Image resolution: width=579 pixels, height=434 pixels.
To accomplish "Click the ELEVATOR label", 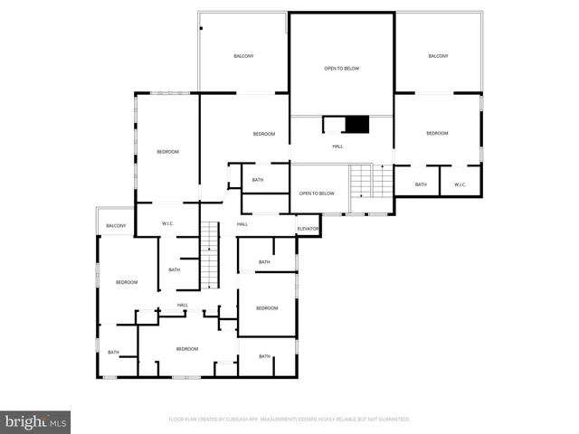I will coord(308,229).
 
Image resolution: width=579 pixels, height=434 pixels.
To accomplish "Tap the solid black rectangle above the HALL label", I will coord(358,125).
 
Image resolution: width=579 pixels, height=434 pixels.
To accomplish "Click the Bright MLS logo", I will coord(36,421).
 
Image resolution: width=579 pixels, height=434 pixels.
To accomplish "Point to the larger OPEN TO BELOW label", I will coord(342,69).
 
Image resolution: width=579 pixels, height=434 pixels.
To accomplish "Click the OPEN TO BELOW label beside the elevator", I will coord(318,193).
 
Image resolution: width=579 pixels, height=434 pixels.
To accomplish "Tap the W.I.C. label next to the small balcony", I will coord(167,223).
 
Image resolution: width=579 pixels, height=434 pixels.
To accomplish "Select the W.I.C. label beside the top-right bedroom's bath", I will coord(460,184).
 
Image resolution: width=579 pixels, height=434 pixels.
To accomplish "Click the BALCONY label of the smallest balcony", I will coord(116,225).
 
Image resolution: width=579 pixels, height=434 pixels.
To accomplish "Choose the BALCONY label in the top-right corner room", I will coord(438,56).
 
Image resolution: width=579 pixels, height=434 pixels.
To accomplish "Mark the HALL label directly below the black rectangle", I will coord(337,146).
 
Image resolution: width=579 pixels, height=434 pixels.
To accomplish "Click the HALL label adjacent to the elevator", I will coord(242,224).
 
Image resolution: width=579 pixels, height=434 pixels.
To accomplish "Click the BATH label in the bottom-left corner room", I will coord(113,353).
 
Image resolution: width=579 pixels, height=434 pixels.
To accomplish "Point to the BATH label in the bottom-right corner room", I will coord(264,356).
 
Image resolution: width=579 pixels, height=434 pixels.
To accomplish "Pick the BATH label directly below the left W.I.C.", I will coord(174,269).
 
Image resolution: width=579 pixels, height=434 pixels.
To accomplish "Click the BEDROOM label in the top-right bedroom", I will coord(437,133).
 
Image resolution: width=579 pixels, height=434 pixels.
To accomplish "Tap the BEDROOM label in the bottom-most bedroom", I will coord(186,349).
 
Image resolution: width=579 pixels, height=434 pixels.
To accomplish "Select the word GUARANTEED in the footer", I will coord(394,420).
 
